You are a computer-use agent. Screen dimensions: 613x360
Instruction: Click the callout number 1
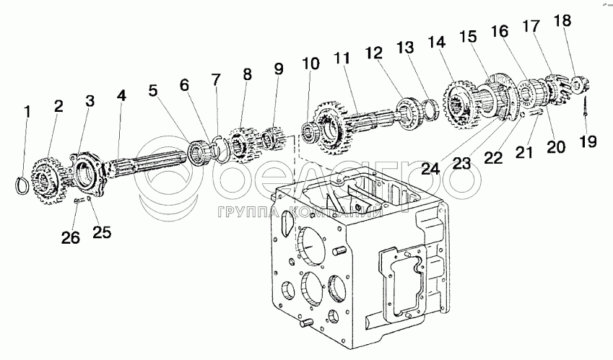click(x=27, y=112)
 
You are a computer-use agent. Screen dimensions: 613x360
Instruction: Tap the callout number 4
click(x=121, y=95)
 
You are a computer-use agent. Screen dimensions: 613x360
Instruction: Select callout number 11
click(x=342, y=58)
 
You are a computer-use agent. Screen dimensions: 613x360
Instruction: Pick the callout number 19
click(x=588, y=141)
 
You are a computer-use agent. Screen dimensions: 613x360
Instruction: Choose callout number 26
click(x=70, y=238)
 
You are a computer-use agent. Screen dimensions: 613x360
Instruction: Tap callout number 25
click(x=102, y=232)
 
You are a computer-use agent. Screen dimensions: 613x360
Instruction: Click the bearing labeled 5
click(x=196, y=150)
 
